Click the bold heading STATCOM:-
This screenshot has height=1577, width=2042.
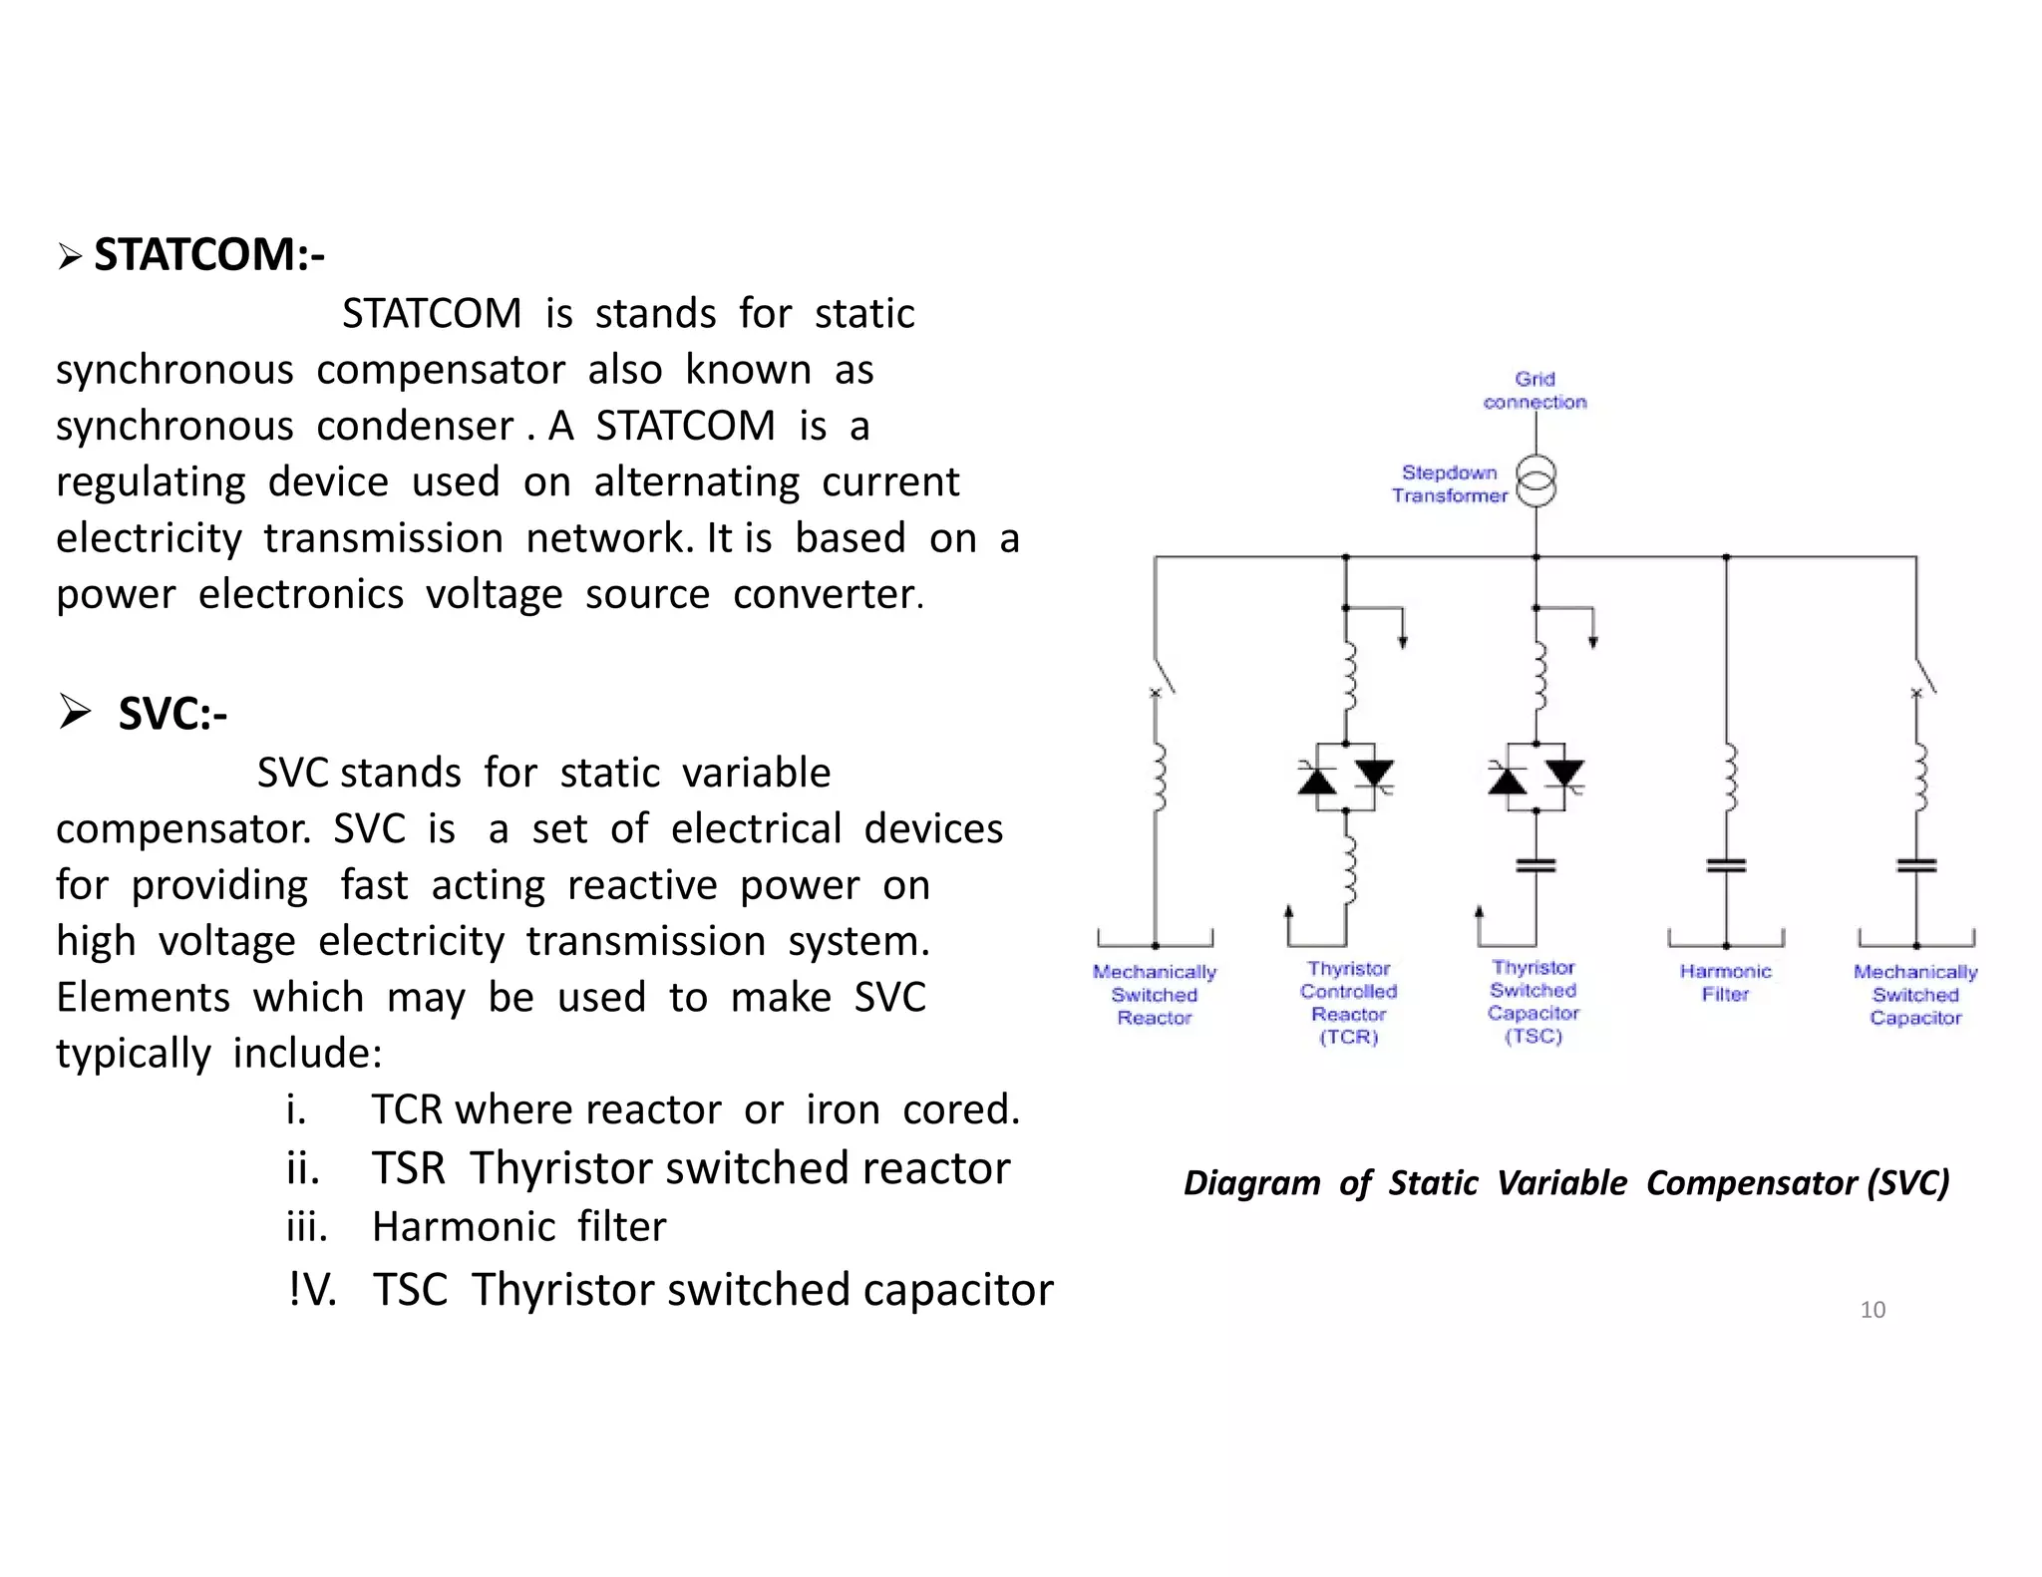(x=208, y=255)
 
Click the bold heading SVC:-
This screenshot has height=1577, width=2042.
(x=172, y=714)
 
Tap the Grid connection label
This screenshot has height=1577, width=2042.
(x=1534, y=391)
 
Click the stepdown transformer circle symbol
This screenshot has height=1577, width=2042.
(x=1535, y=482)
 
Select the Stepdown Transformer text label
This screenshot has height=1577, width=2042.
(x=1449, y=484)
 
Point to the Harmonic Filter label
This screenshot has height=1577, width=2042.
(x=1725, y=983)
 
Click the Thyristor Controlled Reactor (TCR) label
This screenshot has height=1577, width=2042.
(x=1348, y=1003)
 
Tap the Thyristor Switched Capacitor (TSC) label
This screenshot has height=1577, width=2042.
(x=1533, y=1002)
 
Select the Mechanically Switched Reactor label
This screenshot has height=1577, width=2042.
(x=1155, y=995)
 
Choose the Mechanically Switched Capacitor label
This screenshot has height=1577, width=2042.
(x=1915, y=995)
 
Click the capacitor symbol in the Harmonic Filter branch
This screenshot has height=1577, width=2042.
(x=1726, y=865)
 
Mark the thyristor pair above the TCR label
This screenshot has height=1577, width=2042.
(x=1346, y=777)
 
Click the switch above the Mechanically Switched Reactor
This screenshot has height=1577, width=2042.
(x=1163, y=677)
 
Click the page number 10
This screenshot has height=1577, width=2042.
(x=1872, y=1310)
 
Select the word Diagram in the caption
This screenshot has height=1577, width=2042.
(x=1251, y=1183)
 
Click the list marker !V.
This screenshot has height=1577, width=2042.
(x=312, y=1290)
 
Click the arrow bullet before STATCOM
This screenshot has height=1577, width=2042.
(x=69, y=257)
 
